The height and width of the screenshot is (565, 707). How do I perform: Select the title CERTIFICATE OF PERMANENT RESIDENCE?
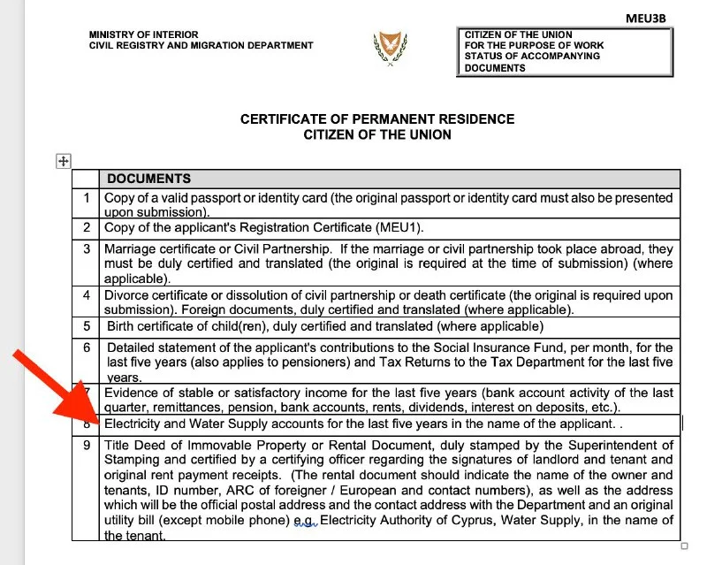tap(377, 119)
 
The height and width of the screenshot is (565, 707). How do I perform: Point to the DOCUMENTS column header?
tap(148, 179)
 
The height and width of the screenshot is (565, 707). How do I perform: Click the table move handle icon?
tap(63, 160)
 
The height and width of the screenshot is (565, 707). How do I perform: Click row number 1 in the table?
tap(87, 198)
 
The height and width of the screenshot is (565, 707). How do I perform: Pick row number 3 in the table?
tap(87, 249)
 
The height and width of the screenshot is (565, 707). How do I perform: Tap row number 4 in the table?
tap(87, 295)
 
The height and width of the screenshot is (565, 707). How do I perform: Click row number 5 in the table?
tap(87, 325)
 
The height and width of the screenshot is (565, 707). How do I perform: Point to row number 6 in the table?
tap(87, 347)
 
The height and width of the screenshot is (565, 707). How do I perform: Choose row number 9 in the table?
tap(87, 446)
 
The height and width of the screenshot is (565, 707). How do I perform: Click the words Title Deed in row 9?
tap(136, 446)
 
